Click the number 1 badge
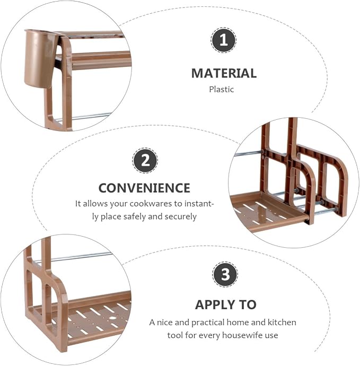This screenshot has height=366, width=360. [224, 40]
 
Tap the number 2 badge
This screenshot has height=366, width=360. [145, 160]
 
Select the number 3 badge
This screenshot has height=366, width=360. [225, 274]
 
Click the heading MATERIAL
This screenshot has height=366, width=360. [224, 73]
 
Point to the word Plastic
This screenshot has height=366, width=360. [221, 90]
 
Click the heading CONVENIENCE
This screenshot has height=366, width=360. [144, 188]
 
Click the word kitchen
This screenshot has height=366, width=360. [282, 323]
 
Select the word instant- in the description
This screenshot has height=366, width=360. [199, 204]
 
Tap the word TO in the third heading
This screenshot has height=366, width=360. [247, 305]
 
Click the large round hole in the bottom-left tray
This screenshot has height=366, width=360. [112, 318]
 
